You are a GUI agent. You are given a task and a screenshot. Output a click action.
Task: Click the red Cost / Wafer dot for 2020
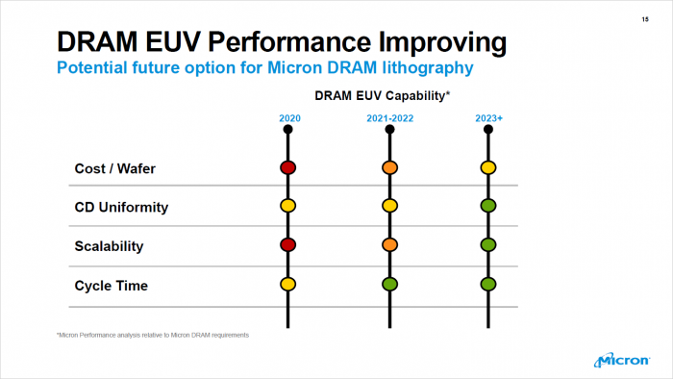click(287, 167)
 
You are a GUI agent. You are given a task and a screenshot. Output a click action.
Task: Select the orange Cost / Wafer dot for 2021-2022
click(389, 167)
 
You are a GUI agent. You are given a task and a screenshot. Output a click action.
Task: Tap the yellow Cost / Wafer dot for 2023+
click(488, 167)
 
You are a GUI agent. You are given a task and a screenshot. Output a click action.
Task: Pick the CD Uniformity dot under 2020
click(287, 206)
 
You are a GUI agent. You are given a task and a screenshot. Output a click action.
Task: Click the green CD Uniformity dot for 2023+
click(488, 206)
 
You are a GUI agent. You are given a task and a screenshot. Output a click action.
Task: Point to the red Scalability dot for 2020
click(287, 245)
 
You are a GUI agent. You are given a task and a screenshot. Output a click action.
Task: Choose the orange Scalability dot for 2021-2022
click(389, 245)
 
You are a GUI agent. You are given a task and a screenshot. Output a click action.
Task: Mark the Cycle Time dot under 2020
click(287, 285)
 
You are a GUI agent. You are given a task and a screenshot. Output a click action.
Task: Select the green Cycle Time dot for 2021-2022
click(389, 285)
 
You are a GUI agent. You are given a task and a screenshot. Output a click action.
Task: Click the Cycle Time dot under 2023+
click(488, 285)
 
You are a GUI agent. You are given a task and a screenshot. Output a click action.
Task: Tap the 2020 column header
click(288, 119)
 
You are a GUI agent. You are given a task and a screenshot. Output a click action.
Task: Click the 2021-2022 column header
click(389, 119)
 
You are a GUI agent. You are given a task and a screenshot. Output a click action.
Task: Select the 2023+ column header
click(488, 119)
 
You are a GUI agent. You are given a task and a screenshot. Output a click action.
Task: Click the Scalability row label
click(109, 246)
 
